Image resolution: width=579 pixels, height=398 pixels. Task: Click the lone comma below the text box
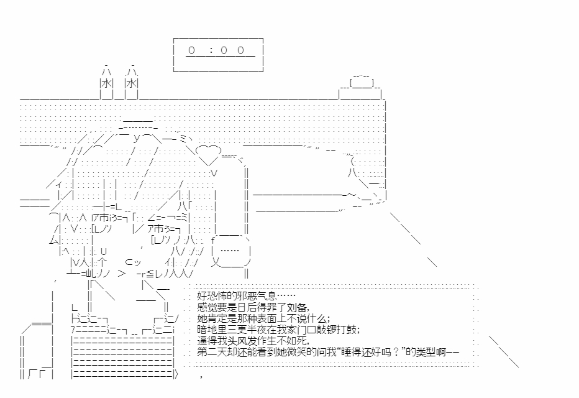coord(201,376)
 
